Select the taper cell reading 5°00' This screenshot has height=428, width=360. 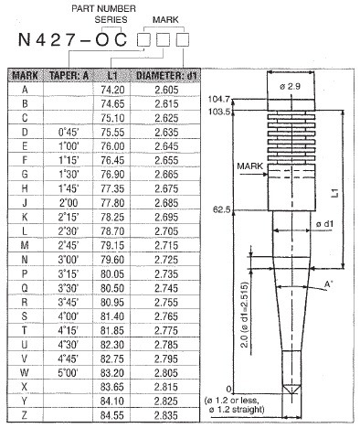pos(68,373)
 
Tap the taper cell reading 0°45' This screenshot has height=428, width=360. pos(68,131)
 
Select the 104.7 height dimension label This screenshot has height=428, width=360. pos(220,99)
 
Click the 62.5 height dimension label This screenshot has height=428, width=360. pos(223,209)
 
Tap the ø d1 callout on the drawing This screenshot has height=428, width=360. pos(323,223)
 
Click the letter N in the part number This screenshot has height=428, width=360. pos(16,42)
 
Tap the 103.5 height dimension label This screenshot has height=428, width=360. pos(220,110)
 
